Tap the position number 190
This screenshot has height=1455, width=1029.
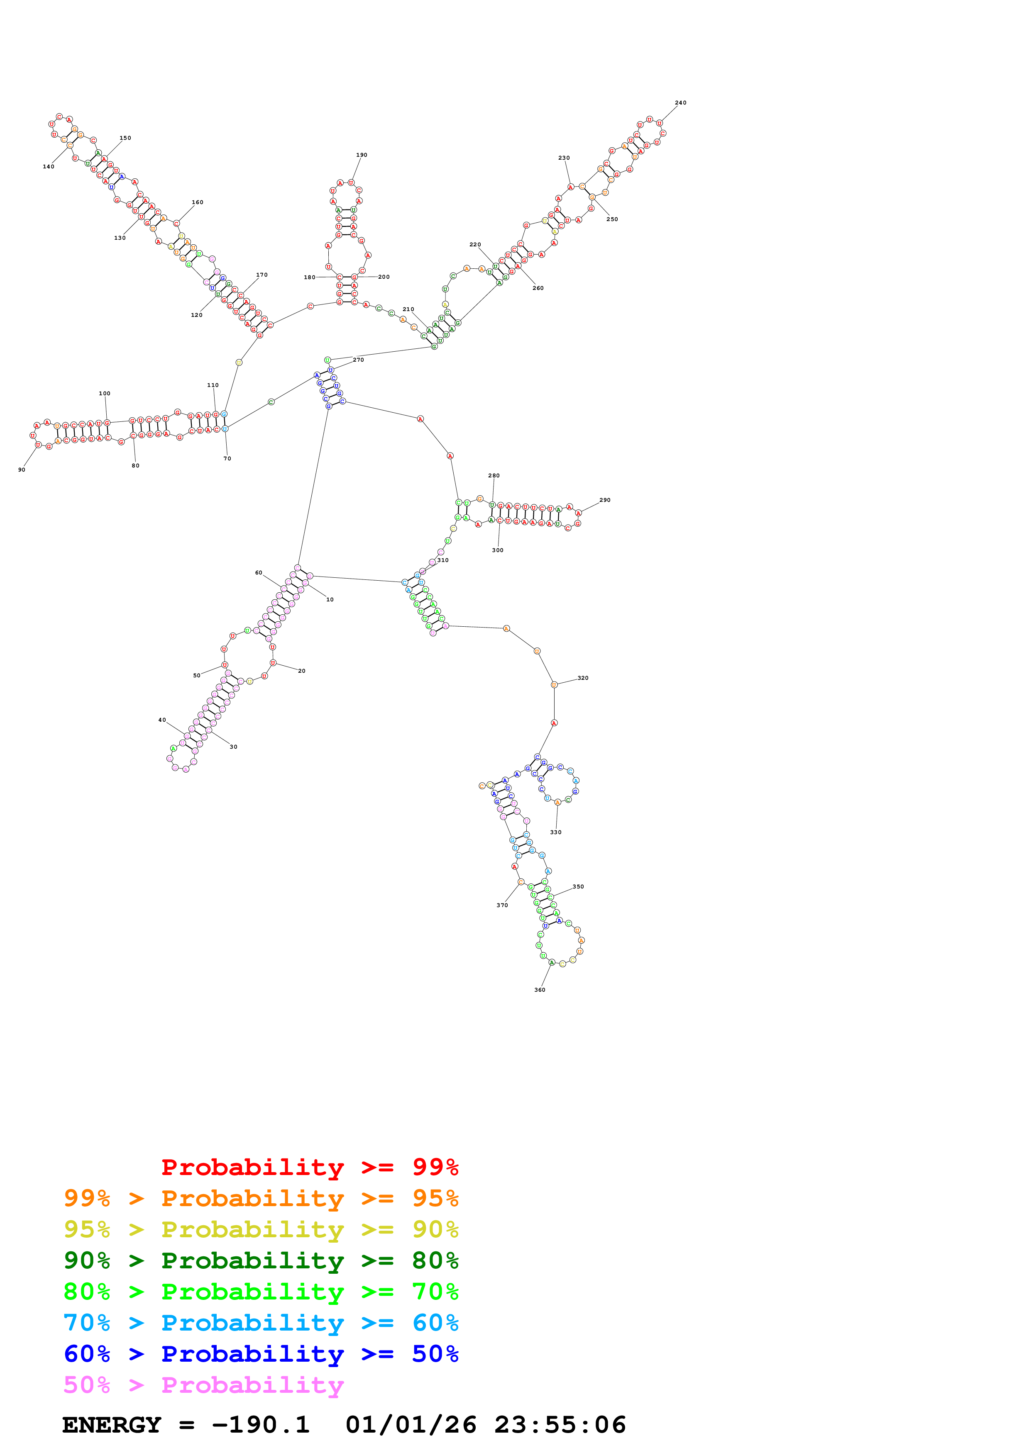362,155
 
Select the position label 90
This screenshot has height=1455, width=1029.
22,470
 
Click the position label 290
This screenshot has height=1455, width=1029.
605,500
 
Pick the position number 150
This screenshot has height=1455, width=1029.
125,138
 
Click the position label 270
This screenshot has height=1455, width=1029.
358,359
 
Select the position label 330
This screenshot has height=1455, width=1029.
555,832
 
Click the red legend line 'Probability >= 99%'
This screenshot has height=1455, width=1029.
309,1167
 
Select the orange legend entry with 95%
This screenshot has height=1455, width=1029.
261,1198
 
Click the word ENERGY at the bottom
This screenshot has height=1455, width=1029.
112,1425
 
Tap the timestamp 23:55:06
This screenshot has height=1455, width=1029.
560,1425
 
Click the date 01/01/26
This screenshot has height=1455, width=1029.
411,1425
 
